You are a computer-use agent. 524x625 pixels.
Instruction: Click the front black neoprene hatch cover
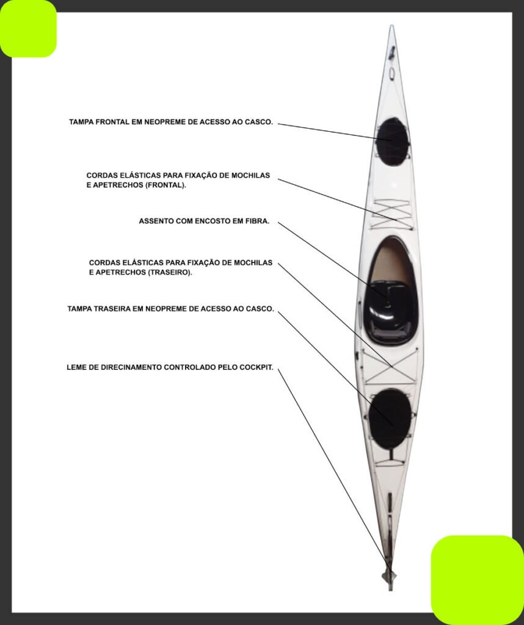pyautogui.click(x=393, y=142)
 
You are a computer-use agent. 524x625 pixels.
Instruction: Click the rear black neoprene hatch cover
pyautogui.click(x=390, y=419)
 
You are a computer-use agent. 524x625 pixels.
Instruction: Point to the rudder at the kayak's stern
pyautogui.click(x=390, y=576)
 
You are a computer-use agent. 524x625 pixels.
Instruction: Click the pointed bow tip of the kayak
pyautogui.click(x=392, y=26)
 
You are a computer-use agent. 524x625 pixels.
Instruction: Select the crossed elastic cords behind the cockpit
pyautogui.click(x=390, y=367)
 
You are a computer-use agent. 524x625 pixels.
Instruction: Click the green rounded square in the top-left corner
pyautogui.click(x=28, y=29)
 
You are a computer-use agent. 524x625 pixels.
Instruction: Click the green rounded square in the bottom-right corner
pyautogui.click(x=478, y=580)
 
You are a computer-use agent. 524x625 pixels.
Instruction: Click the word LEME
pyautogui.click(x=75, y=367)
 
